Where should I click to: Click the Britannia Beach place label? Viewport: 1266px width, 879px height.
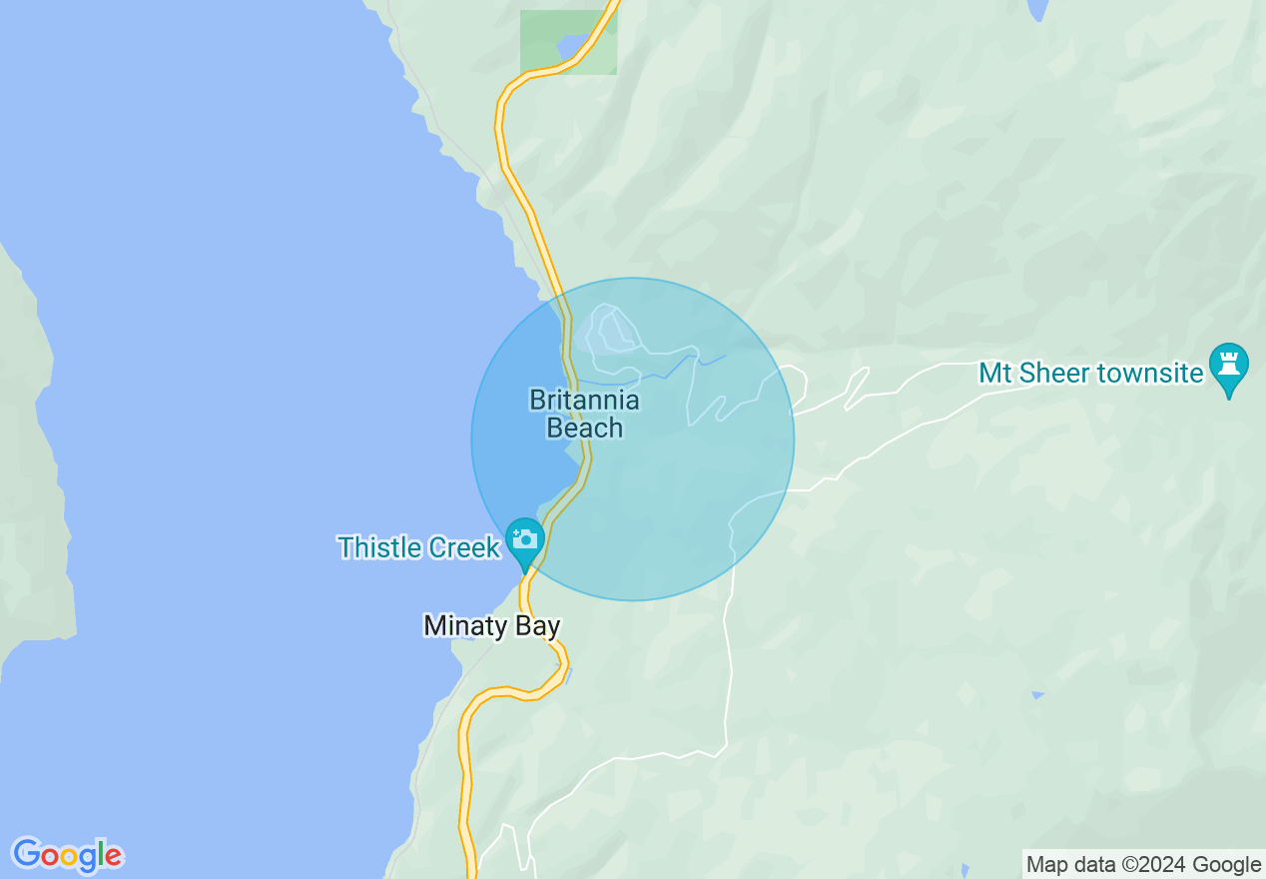585,414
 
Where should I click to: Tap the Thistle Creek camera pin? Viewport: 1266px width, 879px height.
524,540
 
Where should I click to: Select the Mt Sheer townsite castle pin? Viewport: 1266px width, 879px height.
1229,366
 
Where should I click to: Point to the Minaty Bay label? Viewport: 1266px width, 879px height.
491,626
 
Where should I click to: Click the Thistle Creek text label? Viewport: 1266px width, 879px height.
418,547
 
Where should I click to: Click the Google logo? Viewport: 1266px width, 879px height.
67,855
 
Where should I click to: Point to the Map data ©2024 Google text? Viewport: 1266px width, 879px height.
1143,864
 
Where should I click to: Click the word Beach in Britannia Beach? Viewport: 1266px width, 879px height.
585,428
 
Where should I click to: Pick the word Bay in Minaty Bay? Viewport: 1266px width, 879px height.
539,626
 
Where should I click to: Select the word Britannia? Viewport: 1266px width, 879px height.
585,401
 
